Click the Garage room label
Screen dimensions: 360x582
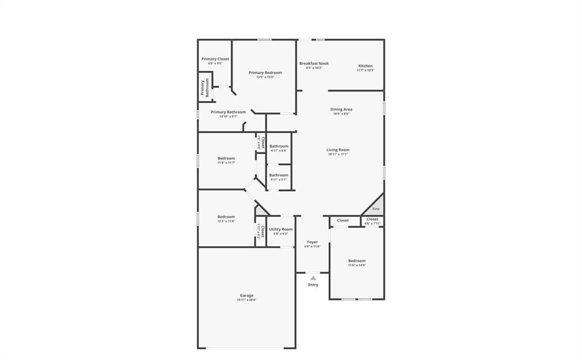click(246, 295)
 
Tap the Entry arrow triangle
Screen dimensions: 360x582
click(313, 278)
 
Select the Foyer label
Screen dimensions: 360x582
click(313, 242)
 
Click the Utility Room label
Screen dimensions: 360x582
click(281, 229)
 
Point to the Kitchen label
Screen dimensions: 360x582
click(365, 66)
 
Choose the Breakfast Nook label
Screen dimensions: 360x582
click(314, 64)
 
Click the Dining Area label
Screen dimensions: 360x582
click(341, 109)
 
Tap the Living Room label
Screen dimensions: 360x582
click(338, 150)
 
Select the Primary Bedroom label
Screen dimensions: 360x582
click(265, 73)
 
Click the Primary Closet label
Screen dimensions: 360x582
click(215, 59)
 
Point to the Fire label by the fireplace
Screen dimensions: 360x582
click(376, 209)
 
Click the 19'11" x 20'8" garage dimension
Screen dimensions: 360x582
click(246, 300)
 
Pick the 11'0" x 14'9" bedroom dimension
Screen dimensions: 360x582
click(357, 265)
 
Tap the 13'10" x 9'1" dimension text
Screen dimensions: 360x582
click(228, 117)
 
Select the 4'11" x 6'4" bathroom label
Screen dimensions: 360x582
click(278, 151)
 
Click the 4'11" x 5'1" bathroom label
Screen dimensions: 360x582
click(278, 180)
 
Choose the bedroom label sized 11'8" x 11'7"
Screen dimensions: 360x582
click(226, 158)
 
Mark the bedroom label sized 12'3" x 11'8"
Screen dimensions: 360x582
click(226, 217)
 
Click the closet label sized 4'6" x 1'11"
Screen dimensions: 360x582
click(372, 219)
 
